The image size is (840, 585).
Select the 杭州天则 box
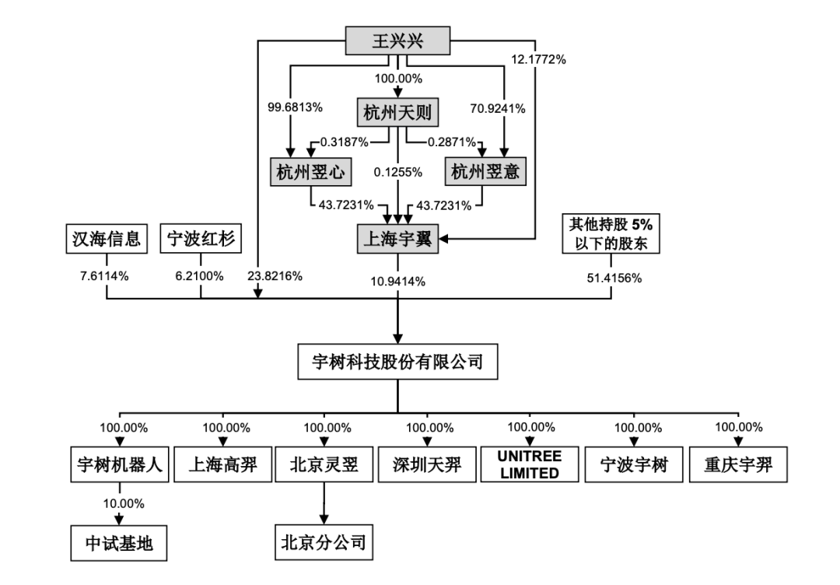(397, 114)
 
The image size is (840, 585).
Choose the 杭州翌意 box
(485, 172)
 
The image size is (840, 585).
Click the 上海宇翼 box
(397, 238)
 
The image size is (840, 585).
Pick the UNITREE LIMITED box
(528, 464)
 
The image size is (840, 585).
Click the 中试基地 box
(119, 542)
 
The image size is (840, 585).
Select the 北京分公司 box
(324, 541)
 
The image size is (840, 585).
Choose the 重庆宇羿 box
(739, 464)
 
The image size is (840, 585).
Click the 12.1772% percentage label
(537, 59)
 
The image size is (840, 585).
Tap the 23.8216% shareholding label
(275, 275)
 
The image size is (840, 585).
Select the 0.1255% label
(397, 172)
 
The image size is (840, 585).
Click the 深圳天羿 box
(428, 465)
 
